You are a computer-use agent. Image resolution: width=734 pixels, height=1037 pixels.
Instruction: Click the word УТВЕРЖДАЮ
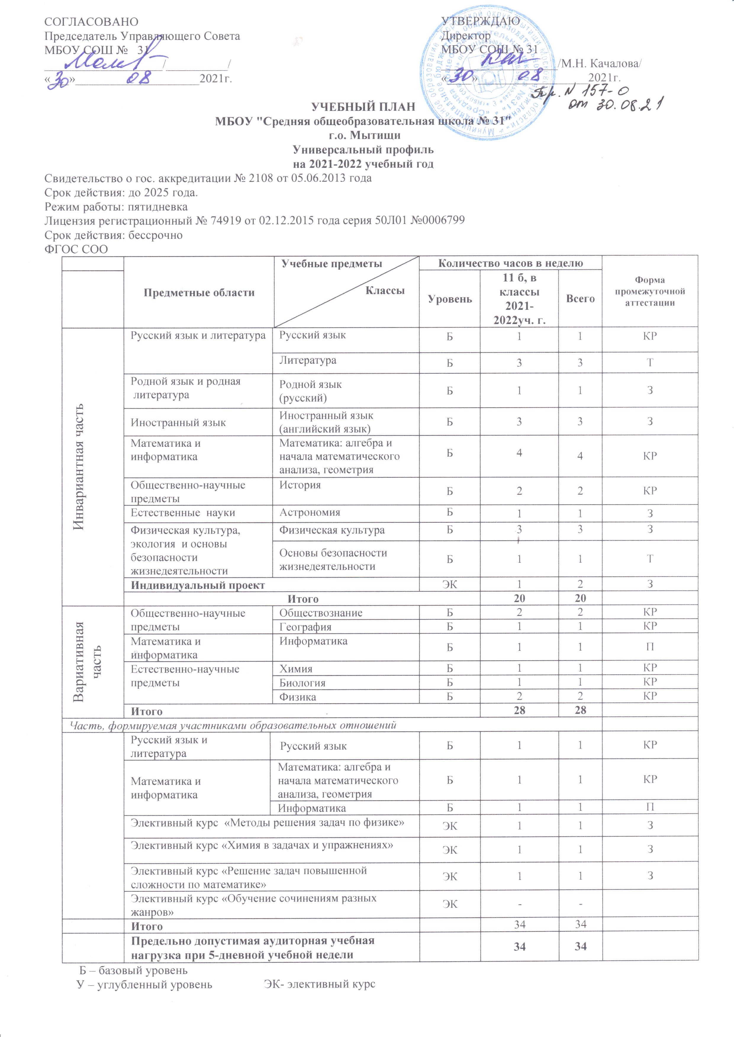tap(480, 21)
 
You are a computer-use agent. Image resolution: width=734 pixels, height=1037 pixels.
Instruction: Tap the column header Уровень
tap(450, 299)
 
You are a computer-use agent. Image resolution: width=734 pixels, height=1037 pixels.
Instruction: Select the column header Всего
tap(580, 299)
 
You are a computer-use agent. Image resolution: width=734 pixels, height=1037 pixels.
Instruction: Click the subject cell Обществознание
tap(321, 613)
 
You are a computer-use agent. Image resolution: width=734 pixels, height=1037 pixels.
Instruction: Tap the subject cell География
tap(305, 627)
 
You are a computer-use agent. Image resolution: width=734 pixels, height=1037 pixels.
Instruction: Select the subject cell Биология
tap(302, 683)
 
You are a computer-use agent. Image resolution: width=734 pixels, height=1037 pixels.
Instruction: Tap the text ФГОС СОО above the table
tap(76, 249)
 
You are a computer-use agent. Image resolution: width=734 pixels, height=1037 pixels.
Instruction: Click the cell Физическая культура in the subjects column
tap(332, 530)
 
